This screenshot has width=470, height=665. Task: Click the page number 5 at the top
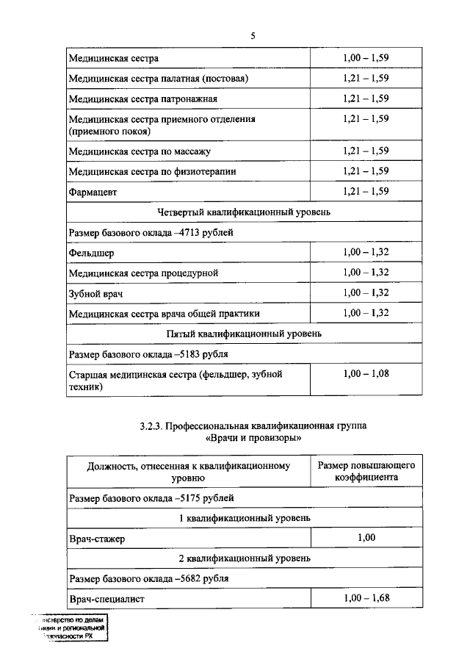pyautogui.click(x=252, y=35)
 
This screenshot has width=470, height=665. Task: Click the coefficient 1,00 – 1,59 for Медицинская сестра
pyautogui.click(x=366, y=57)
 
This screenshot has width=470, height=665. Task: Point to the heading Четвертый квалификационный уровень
pyautogui.click(x=244, y=212)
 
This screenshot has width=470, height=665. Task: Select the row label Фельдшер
pyautogui.click(x=91, y=253)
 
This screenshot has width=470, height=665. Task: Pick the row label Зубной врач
pyautogui.click(x=95, y=293)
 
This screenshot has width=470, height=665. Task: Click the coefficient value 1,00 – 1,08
pyautogui.click(x=366, y=374)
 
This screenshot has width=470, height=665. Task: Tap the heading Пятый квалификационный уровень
pyautogui.click(x=244, y=334)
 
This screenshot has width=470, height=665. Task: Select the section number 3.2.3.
pyautogui.click(x=153, y=425)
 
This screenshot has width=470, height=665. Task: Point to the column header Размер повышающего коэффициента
pyautogui.click(x=366, y=471)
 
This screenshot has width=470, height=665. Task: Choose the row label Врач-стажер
pyautogui.click(x=97, y=539)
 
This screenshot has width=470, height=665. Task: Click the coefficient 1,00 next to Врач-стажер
pyautogui.click(x=366, y=538)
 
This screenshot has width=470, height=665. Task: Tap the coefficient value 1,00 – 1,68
pyautogui.click(x=366, y=598)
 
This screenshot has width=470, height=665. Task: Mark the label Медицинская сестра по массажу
pyautogui.click(x=140, y=152)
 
